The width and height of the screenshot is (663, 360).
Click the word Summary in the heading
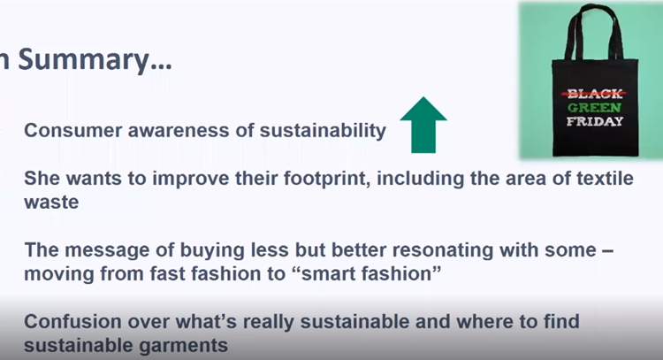(95, 60)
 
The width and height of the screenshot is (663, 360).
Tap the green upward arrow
(423, 125)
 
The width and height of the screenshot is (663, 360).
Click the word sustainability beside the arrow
(323, 131)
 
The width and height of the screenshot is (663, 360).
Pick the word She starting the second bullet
(42, 178)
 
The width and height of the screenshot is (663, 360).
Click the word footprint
(324, 179)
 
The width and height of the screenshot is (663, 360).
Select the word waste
(51, 203)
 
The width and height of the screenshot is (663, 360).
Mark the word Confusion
(72, 321)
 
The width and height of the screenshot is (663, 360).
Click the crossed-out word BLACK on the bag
(594, 93)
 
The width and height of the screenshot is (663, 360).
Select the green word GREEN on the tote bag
(594, 107)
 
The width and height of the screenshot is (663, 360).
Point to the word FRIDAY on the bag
(595, 121)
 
